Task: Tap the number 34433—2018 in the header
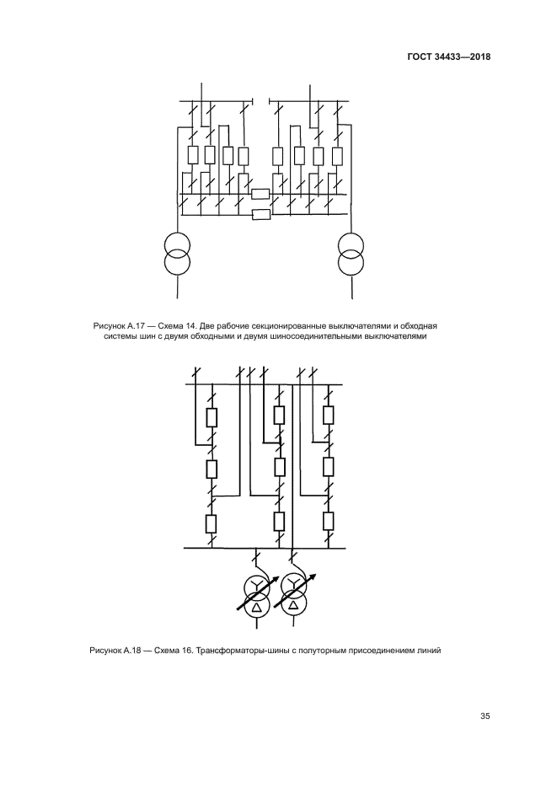461,56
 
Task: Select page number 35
485,716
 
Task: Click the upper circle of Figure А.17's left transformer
177,244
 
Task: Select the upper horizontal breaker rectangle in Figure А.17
260,194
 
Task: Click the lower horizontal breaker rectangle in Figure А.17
260,215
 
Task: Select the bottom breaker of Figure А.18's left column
212,523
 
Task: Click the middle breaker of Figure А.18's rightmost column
329,467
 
